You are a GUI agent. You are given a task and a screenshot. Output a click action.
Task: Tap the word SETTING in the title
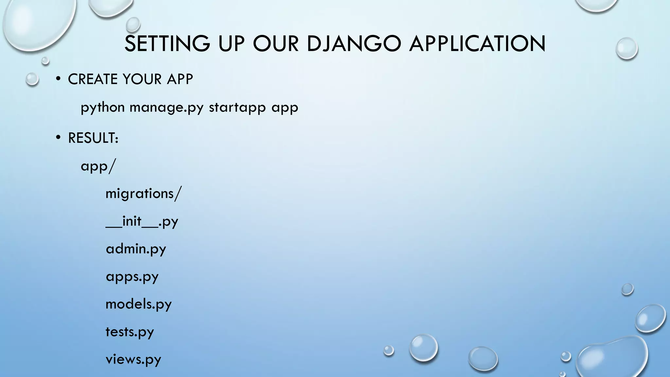point(167,44)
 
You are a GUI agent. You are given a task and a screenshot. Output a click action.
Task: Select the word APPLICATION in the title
point(477,44)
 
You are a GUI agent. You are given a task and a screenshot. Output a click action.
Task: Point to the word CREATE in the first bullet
point(93,79)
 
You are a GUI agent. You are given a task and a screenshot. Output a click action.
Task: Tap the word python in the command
point(102,108)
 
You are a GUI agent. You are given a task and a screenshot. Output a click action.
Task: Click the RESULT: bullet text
point(93,138)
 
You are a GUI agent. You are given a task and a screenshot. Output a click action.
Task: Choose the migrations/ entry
point(143,194)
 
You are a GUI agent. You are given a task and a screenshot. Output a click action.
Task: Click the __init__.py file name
point(142,222)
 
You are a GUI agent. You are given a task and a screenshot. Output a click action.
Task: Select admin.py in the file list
point(136,249)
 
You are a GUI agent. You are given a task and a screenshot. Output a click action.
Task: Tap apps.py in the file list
point(132,277)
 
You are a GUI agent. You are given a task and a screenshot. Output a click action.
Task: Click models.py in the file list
point(138,304)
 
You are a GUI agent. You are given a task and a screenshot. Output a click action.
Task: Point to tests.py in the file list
point(130,332)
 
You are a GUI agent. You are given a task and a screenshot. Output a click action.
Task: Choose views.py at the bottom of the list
point(133,359)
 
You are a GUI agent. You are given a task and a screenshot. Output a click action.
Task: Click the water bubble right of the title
point(626,48)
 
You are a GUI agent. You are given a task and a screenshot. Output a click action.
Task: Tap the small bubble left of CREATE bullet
point(32,79)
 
